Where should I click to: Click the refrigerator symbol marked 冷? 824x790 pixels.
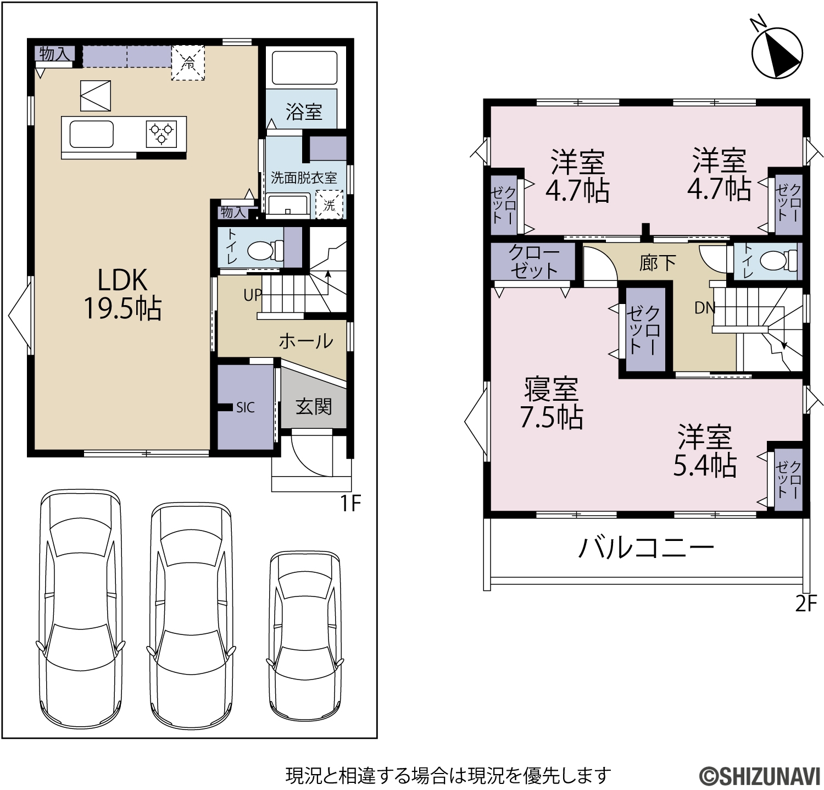pos(188,64)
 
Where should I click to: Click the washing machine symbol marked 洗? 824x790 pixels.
pos(329,205)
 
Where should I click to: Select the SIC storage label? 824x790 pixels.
pos(246,407)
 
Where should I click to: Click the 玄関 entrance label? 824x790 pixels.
pos(314,406)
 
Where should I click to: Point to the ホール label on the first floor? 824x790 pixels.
pos(306,341)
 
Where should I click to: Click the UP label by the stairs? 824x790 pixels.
pos(253,295)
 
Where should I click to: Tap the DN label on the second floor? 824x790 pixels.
pos(705,308)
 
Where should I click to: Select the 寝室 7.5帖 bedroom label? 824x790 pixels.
pos(551,402)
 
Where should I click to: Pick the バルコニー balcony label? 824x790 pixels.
pos(646,548)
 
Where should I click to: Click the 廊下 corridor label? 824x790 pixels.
pos(658,263)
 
